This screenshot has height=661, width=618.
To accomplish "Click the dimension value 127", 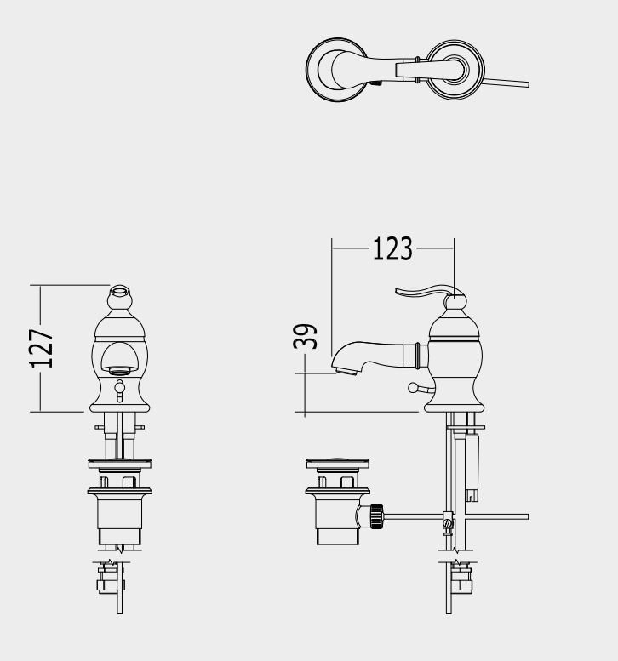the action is tap(42, 348).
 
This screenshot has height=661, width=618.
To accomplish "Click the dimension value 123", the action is tap(392, 248).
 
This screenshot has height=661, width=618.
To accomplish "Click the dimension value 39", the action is tap(305, 336).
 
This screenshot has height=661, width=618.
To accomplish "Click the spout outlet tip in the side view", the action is tap(346, 372).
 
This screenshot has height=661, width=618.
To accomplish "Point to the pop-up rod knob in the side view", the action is tap(413, 387).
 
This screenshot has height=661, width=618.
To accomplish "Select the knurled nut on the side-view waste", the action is tap(376, 516).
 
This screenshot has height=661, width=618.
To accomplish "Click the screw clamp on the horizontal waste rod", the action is tap(448, 521).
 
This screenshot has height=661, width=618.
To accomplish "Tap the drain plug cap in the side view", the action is tap(337, 464).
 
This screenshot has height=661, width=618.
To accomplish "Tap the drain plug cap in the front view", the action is tap(120, 464).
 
